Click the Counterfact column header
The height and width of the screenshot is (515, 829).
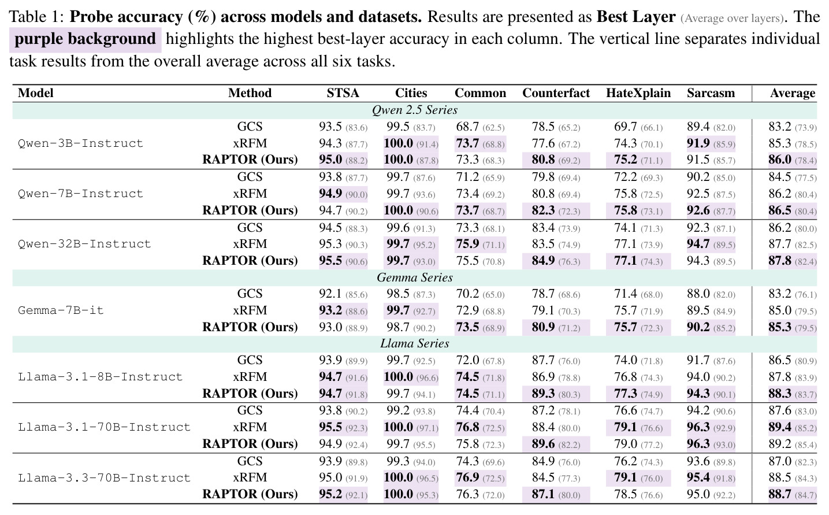click(x=556, y=93)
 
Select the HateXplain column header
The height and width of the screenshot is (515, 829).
click(x=638, y=93)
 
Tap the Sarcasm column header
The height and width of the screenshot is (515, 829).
click(x=711, y=93)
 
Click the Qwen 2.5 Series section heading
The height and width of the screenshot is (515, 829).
click(x=415, y=110)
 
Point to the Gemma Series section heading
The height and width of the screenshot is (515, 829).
click(x=415, y=277)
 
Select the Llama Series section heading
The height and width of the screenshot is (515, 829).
click(x=415, y=343)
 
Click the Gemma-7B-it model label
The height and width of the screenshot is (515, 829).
click(x=61, y=310)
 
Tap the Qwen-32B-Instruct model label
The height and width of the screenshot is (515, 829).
click(x=84, y=244)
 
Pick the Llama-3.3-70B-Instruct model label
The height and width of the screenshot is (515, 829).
click(x=104, y=477)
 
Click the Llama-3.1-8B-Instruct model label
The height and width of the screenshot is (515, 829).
click(x=101, y=377)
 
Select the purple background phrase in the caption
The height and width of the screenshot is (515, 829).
click(x=85, y=39)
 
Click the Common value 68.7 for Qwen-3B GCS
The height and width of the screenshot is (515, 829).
click(x=467, y=127)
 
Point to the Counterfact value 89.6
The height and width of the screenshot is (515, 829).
click(x=543, y=443)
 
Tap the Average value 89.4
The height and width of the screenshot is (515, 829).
click(x=780, y=427)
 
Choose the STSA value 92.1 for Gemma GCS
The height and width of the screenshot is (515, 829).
click(x=330, y=294)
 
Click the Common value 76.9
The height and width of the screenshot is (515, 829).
click(x=467, y=477)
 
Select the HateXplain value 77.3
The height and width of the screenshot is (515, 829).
click(x=626, y=393)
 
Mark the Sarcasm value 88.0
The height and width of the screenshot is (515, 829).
click(x=698, y=294)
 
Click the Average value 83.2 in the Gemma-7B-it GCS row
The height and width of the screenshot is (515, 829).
click(x=780, y=294)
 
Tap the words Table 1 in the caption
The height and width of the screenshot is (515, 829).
click(x=36, y=17)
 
